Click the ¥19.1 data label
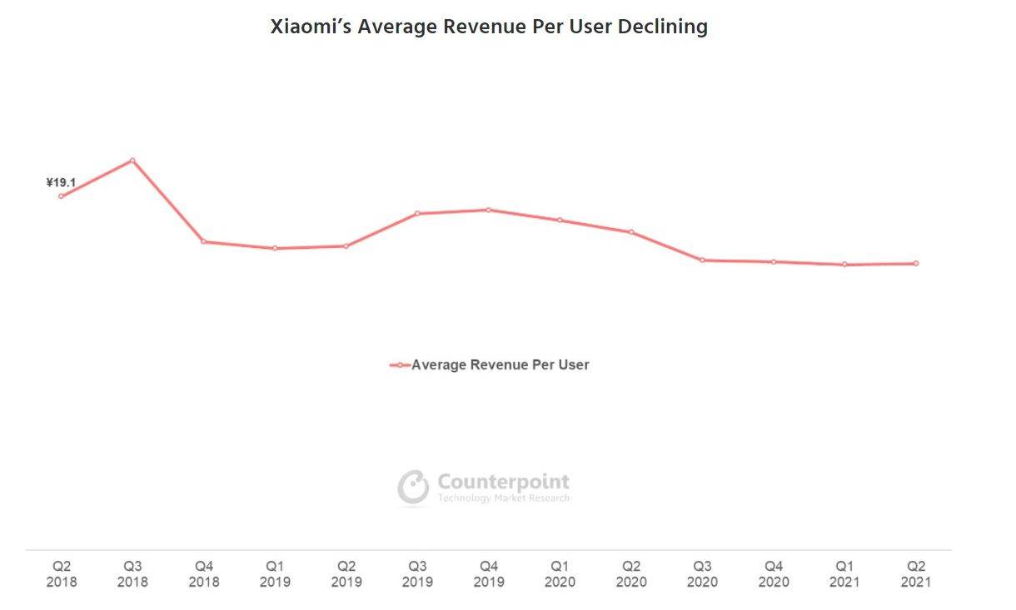[x=61, y=182]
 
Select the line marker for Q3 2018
[x=132, y=161]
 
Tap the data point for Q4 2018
[x=204, y=241]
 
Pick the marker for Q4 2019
[x=489, y=210]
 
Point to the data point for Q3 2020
[x=702, y=260]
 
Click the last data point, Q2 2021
[x=916, y=263]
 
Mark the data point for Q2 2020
[x=631, y=232]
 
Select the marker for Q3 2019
[x=417, y=214]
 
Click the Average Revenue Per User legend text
[x=500, y=365]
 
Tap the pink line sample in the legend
[x=400, y=365]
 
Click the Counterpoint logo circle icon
[x=413, y=487]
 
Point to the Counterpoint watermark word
[x=503, y=482]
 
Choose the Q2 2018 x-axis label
[x=61, y=574]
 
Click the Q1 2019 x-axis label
[x=275, y=574]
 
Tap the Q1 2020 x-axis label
[x=560, y=574]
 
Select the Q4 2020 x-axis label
[x=774, y=574]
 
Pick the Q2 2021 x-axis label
[x=916, y=574]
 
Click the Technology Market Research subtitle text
[x=503, y=498]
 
